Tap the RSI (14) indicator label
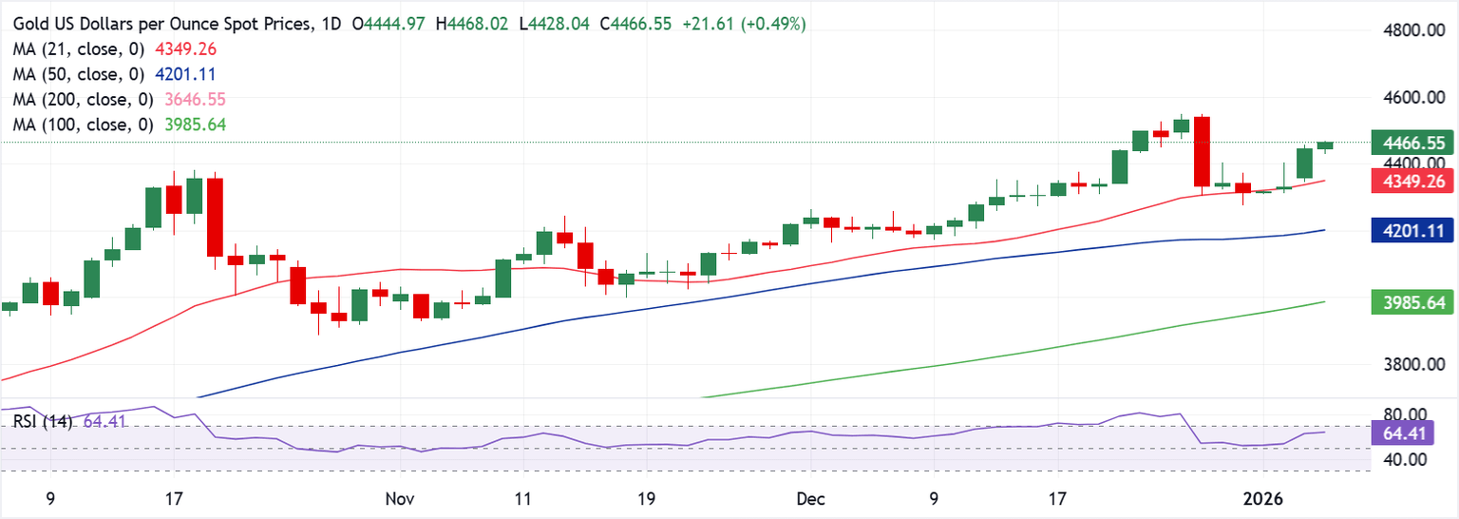[x=45, y=420]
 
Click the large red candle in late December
[x=1203, y=150]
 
